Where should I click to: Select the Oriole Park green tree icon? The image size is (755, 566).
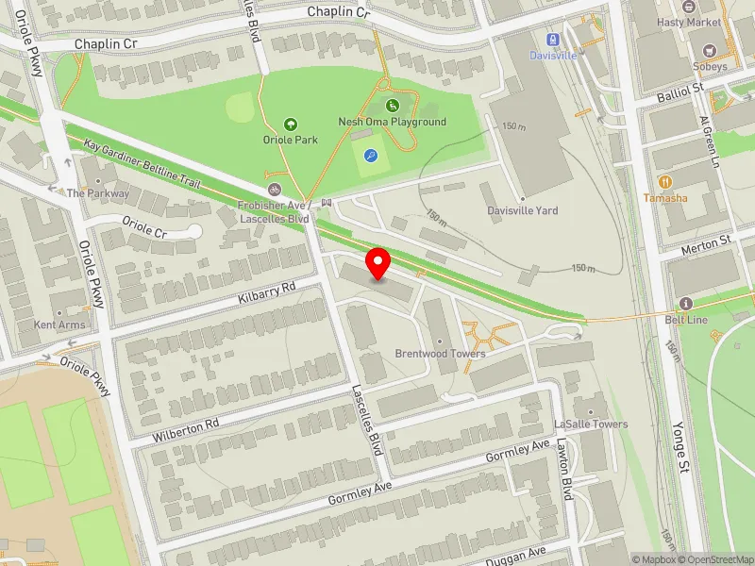tap(291, 124)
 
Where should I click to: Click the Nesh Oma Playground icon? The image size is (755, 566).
tap(393, 106)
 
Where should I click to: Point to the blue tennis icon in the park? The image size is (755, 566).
tap(371, 158)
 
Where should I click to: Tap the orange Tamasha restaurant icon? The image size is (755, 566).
tap(665, 181)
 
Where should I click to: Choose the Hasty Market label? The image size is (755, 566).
tap(689, 22)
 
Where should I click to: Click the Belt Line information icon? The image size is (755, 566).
tap(686, 304)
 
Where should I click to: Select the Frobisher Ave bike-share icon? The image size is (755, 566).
tap(275, 188)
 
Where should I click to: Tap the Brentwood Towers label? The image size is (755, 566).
tap(440, 354)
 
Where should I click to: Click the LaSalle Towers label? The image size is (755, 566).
tap(591, 424)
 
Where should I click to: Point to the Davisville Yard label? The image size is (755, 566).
tap(522, 210)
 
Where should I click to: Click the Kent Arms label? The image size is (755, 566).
tap(59, 325)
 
